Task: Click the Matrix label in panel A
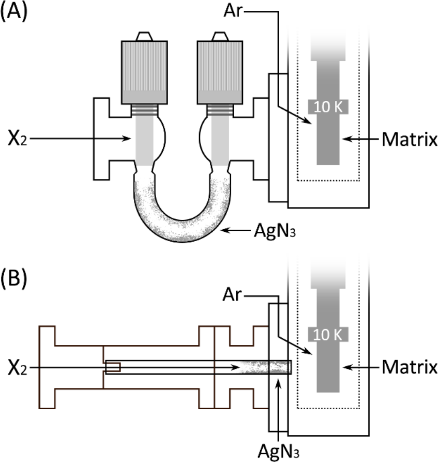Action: coord(409,139)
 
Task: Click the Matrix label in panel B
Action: coord(409,367)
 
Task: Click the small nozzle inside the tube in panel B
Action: coord(113,367)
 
